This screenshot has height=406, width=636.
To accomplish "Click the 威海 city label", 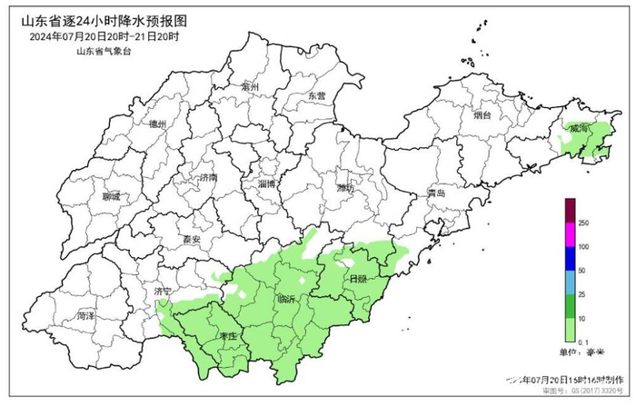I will click(x=578, y=130).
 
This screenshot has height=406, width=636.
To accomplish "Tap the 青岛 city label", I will click(x=437, y=193).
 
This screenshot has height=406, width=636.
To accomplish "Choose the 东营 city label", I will click(x=315, y=95).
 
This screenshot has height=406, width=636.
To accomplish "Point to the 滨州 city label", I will click(x=251, y=87).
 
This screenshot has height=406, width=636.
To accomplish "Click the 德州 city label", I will click(x=157, y=124).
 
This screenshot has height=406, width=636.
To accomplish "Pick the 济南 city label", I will click(x=208, y=178).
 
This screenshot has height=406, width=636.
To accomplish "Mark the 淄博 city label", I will click(x=267, y=183).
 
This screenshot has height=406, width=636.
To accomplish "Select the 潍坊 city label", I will click(x=344, y=189).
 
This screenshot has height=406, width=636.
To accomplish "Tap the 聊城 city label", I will click(x=112, y=197).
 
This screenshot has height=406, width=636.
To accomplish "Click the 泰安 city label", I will click(x=190, y=240).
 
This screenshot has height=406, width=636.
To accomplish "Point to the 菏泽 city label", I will click(x=86, y=316).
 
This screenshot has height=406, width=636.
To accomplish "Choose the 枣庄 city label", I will click(x=228, y=337).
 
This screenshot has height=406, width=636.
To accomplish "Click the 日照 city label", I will click(x=357, y=279).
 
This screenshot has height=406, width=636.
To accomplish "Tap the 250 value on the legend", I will click(x=583, y=223).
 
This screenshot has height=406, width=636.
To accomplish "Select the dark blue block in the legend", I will click(x=569, y=259).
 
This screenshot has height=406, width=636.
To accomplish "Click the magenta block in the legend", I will click(x=569, y=235).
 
